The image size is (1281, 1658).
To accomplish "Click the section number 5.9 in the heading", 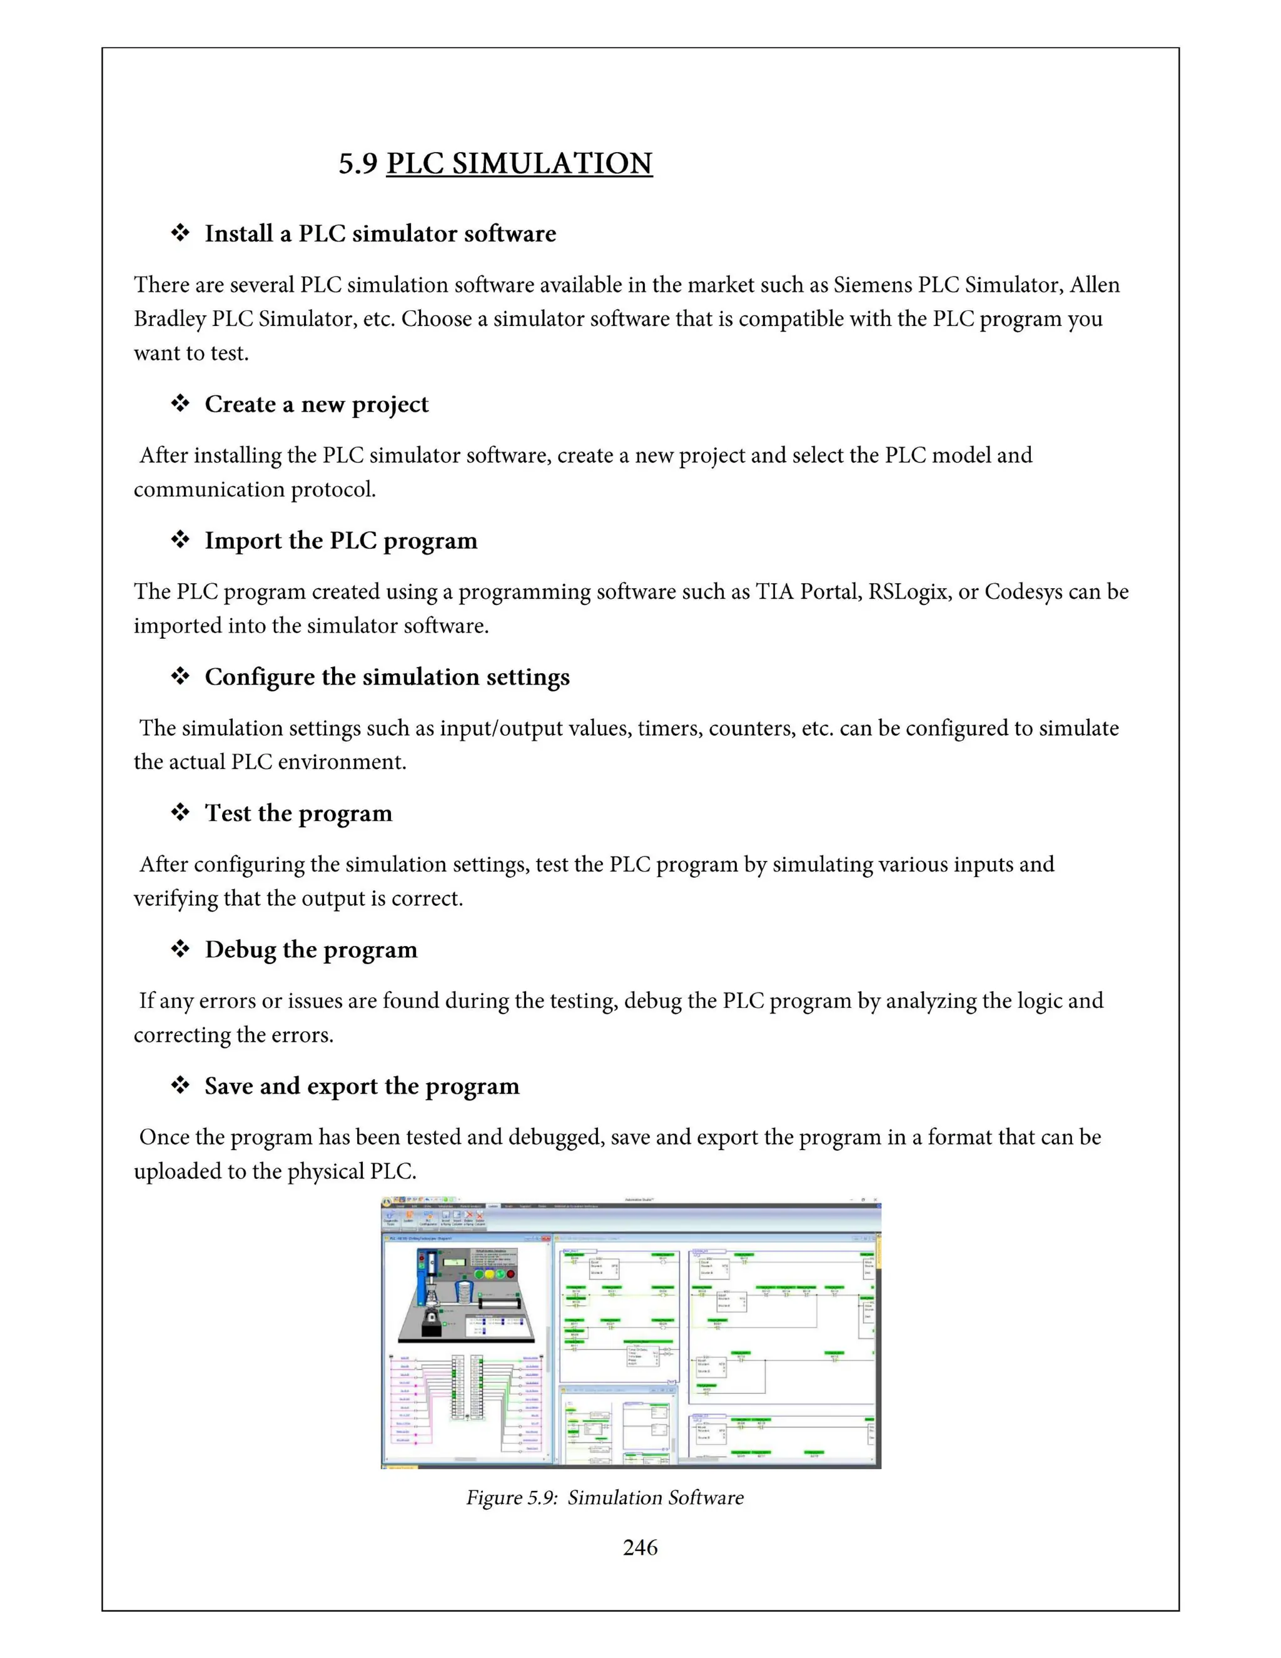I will click(357, 164).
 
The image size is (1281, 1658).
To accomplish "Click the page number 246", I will click(640, 1547).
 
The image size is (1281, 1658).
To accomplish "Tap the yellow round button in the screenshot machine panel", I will click(490, 1274).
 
